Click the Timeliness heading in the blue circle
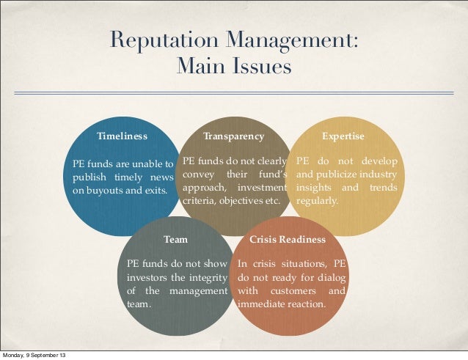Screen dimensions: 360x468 (x=122, y=136)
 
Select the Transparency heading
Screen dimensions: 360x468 (x=233, y=136)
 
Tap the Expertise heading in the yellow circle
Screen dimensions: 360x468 (x=343, y=136)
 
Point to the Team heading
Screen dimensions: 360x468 (x=175, y=240)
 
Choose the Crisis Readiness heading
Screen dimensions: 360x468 (x=288, y=240)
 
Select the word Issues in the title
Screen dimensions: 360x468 (x=260, y=67)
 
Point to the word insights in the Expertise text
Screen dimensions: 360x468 (x=314, y=187)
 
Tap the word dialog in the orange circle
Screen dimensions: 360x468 (x=332, y=278)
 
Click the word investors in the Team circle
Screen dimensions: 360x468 (x=147, y=278)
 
